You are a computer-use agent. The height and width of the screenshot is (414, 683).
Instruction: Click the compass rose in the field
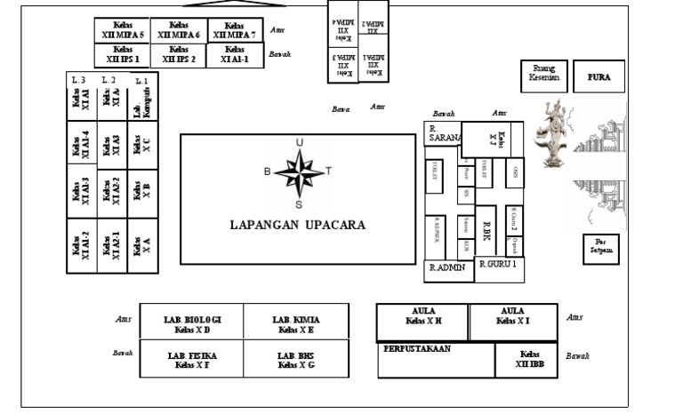299,171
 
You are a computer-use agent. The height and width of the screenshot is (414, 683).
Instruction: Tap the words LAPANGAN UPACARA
298,225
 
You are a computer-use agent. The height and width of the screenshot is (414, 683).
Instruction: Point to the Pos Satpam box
600,249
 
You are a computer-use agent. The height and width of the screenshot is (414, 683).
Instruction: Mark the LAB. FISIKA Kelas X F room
192,360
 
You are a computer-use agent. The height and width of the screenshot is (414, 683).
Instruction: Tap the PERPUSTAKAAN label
417,350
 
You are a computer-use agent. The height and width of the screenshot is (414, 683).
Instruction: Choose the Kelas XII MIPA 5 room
123,30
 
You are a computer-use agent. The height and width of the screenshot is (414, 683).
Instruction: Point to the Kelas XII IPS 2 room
178,55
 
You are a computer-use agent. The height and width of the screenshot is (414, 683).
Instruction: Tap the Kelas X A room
141,244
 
